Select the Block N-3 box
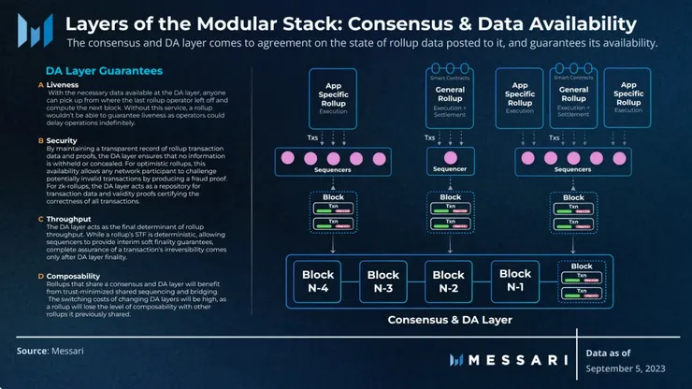point(383,281)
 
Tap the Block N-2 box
point(448,281)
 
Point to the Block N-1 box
point(515,281)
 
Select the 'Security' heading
point(63,140)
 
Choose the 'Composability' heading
point(75,276)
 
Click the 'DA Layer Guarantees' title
point(103,70)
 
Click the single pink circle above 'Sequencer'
point(450,156)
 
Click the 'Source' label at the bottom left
point(33,351)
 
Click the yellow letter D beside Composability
point(40,276)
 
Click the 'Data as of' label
point(608,353)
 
